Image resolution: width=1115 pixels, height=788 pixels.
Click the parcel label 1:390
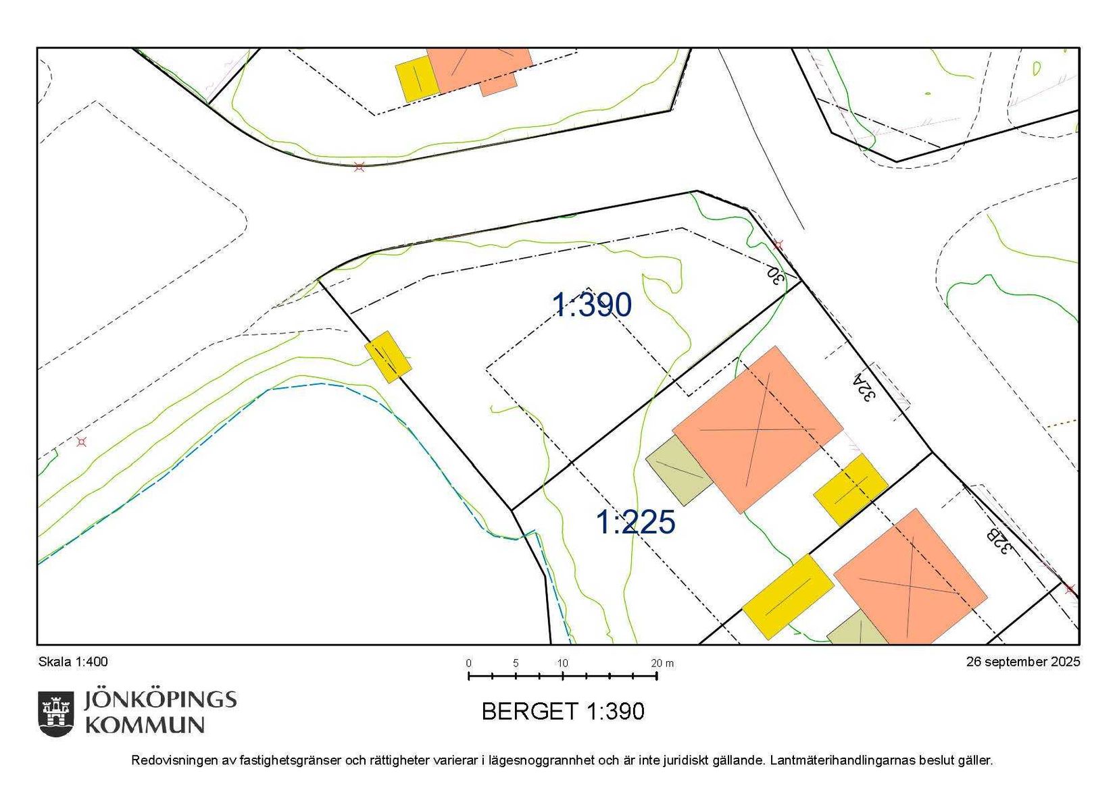pos(592,305)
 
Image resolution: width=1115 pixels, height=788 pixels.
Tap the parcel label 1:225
pos(635,522)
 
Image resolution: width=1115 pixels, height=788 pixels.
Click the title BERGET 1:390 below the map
pos(563,711)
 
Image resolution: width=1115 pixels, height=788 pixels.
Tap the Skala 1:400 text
pos(73,662)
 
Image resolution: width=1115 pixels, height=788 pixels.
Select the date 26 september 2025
pos(1022,662)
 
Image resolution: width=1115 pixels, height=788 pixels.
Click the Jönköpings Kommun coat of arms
pos(55,713)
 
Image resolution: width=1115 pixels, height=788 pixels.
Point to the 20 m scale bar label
pos(662,663)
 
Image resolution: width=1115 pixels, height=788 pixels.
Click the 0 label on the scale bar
pos(468,663)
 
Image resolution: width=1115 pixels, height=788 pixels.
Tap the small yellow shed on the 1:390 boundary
pos(388,357)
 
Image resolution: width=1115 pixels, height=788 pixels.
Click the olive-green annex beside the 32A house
pos(678,469)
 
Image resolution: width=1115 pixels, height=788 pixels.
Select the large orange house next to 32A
pos(758,429)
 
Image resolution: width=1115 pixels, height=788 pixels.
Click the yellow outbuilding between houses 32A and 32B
pos(850,489)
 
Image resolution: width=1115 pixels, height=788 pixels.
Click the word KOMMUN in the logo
pos(145,725)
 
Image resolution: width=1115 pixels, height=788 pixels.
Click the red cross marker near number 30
pos(778,244)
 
